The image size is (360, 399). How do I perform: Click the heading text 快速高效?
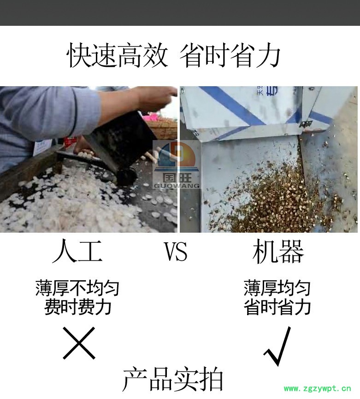(x=118, y=55)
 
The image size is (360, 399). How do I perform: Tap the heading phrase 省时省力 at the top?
(x=230, y=55)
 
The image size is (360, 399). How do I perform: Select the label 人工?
(x=77, y=252)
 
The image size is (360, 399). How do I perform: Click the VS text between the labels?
(x=176, y=252)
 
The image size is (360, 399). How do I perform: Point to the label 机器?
(x=278, y=252)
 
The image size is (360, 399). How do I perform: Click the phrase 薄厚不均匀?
(x=77, y=288)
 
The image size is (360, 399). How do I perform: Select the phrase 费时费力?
(x=77, y=307)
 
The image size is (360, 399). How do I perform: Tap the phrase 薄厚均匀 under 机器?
(x=277, y=288)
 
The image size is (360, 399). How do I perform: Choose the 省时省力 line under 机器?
(x=277, y=307)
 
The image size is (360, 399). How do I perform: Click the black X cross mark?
(x=79, y=343)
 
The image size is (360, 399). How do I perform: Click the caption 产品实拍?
(x=173, y=379)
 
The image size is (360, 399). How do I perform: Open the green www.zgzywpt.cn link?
(x=318, y=388)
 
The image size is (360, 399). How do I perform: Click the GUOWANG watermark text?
(x=177, y=186)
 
